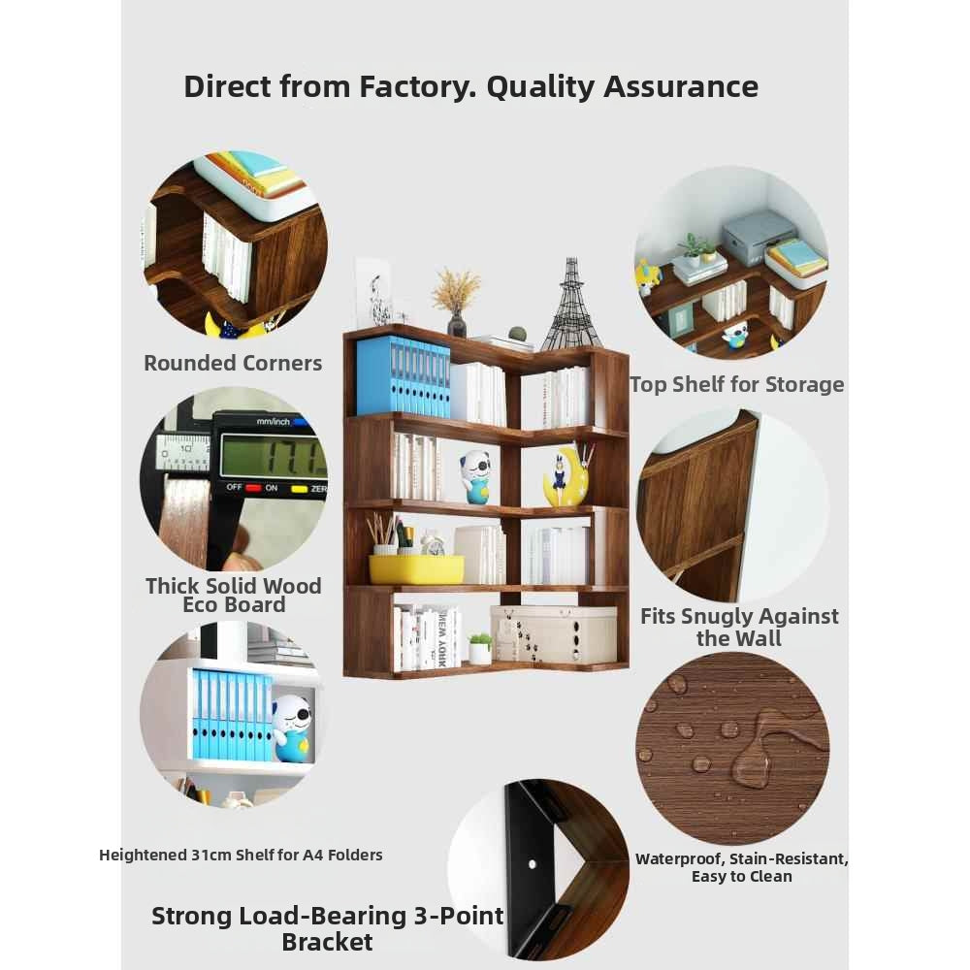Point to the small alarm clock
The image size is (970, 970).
pos(433,543)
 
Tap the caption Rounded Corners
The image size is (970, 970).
pos(233,363)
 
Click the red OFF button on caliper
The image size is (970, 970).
pos(253,488)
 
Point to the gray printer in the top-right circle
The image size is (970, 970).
pos(759,232)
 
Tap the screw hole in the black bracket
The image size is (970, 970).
pos(532,864)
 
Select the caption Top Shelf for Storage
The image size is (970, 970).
pos(737,385)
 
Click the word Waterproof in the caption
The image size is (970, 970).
pos(680,859)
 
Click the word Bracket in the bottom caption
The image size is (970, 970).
pos(327,942)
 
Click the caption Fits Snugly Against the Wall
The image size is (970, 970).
pos(739,628)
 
